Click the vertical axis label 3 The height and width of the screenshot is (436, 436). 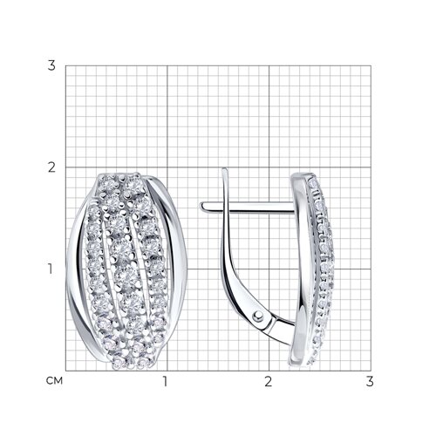click(51, 65)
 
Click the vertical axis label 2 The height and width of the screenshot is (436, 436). click(51, 167)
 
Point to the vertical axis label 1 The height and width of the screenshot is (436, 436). click(51, 269)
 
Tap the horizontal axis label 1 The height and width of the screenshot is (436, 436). click(166, 381)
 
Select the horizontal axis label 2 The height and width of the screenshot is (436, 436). click(269, 381)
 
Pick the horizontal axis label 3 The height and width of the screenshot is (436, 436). click(370, 381)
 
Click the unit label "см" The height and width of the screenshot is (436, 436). click(54, 381)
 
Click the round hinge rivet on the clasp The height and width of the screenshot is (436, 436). click(257, 317)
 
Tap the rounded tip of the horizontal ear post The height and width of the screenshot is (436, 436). click(201, 206)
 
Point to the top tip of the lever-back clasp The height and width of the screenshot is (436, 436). click(224, 169)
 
